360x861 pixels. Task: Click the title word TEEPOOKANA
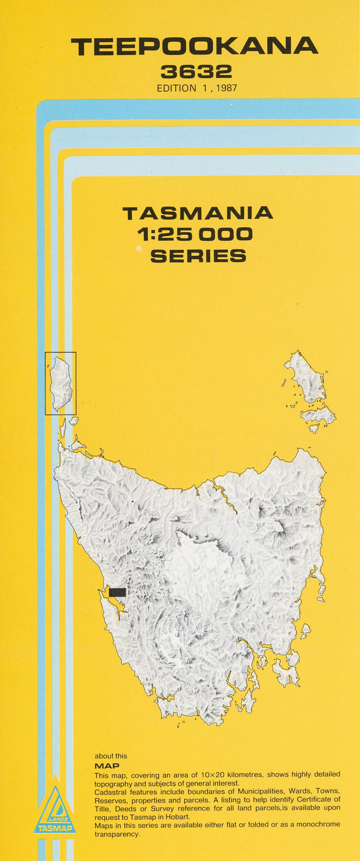coord(195,47)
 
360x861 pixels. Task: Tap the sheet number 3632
coord(196,71)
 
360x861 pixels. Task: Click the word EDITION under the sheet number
coord(177,88)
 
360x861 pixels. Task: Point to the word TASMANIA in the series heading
coord(197,213)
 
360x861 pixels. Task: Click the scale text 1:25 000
coord(195,234)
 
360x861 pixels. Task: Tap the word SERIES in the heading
coord(198,256)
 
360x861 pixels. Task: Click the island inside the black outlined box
coord(60,382)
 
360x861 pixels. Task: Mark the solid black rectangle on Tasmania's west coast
coord(118,592)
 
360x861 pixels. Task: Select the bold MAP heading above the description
coord(107,765)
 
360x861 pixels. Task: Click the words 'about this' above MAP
coord(111,756)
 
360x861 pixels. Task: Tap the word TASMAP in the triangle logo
coord(55,828)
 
